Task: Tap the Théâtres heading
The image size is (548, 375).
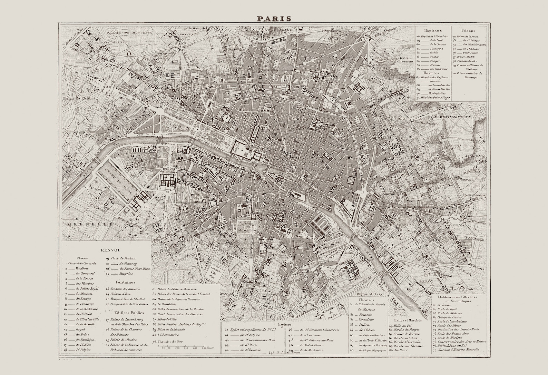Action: click(359, 300)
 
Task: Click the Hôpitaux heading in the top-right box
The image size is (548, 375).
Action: click(433, 30)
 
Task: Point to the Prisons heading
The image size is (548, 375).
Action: click(468, 30)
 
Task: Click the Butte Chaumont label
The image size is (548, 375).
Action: click(406, 59)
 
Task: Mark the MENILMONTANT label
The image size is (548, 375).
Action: click(455, 117)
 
